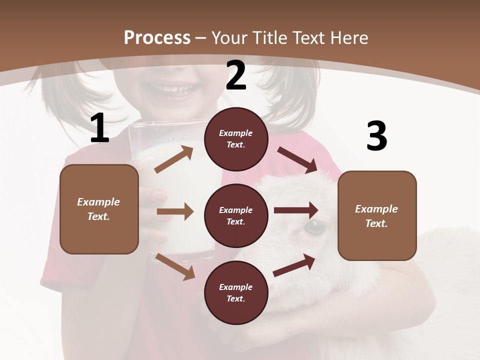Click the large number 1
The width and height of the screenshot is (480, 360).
tap(99, 128)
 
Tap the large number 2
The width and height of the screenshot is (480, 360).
tap(236, 75)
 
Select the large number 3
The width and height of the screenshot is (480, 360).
tap(376, 136)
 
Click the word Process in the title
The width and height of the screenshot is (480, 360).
tap(157, 37)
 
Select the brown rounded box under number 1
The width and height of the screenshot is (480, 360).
tap(99, 209)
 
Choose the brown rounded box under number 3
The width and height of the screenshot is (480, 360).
tap(377, 215)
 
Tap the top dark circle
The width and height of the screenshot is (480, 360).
tap(236, 139)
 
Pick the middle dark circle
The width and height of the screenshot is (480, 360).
tap(236, 215)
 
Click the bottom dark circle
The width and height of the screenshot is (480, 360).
tap(236, 292)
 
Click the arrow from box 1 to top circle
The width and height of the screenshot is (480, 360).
tap(174, 159)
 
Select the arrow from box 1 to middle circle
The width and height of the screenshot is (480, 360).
tap(175, 212)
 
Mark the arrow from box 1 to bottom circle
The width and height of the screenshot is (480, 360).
tap(175, 266)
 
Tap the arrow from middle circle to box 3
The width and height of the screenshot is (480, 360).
tap(296, 210)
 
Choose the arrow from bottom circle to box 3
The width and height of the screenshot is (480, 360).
tap(294, 265)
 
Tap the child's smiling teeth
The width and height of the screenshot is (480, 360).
tap(172, 90)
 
